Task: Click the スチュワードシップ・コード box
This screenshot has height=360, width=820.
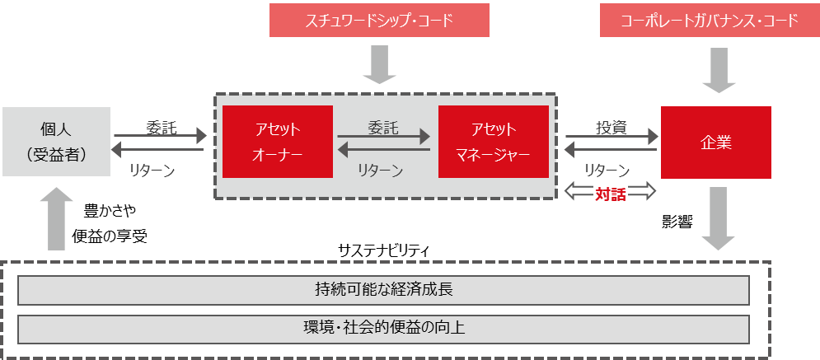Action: click(379, 21)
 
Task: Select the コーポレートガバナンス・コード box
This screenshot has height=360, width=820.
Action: click(710, 21)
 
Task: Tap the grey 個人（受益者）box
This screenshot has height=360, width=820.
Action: click(56, 141)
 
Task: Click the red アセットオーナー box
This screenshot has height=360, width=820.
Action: click(276, 142)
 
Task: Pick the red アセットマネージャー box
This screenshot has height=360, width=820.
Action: click(494, 142)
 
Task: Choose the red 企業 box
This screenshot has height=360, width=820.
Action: click(715, 142)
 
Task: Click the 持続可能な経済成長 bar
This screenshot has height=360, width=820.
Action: click(383, 290)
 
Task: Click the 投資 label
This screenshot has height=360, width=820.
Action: click(611, 128)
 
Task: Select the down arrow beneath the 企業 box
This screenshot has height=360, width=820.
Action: click(717, 218)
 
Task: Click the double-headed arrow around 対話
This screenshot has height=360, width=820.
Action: click(611, 192)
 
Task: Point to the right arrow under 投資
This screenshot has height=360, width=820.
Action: click(611, 137)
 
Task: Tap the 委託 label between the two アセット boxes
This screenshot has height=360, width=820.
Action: click(382, 127)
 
